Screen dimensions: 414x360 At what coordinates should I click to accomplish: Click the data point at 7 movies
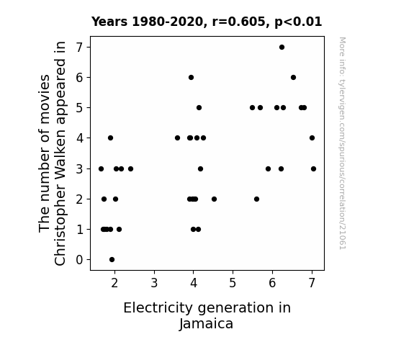coord(282,48)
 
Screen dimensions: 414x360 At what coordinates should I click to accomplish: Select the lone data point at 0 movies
coord(112,260)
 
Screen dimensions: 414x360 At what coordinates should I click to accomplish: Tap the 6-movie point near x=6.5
coord(293,77)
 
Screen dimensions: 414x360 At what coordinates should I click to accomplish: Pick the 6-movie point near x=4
coord(191,77)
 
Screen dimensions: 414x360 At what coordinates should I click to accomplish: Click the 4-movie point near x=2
coord(111,138)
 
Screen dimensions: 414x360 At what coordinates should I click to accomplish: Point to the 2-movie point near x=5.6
coord(256,199)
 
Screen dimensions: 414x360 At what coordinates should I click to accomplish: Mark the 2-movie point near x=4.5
coord(214,199)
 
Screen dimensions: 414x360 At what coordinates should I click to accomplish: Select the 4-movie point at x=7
coord(312,138)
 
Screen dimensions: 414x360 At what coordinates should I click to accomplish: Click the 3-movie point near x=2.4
coord(131,168)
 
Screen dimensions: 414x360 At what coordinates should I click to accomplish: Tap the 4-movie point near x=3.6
coord(177,138)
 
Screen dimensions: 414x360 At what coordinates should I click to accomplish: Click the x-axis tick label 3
coord(154,283)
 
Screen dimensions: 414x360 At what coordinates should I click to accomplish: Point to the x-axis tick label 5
coord(233,283)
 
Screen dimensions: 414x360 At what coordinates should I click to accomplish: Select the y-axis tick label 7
coord(79,48)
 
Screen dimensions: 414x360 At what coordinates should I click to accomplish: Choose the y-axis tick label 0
coord(79,260)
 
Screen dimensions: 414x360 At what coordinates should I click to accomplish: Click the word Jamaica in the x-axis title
coord(206,324)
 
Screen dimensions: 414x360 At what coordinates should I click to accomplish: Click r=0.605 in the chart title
coord(239,22)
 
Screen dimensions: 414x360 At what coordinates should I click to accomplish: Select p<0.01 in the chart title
coord(298,22)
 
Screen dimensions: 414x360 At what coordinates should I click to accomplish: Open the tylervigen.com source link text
coord(343,143)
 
